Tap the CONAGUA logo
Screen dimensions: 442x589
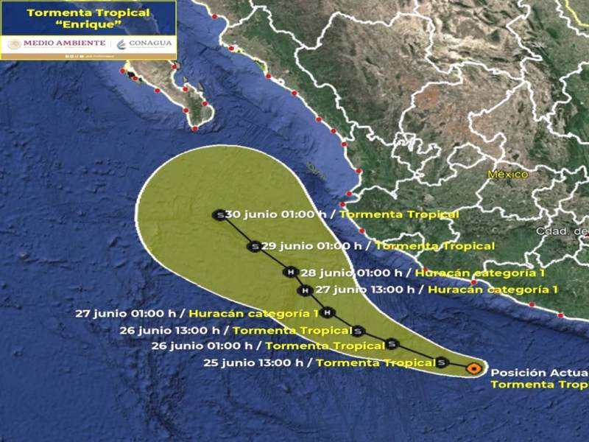(145, 43)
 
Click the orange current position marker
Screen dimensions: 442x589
(476, 366)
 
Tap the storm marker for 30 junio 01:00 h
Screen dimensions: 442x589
(219, 214)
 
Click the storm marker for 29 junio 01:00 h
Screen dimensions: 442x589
(255, 246)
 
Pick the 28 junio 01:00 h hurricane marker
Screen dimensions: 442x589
(291, 273)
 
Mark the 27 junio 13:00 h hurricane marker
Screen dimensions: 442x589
(304, 290)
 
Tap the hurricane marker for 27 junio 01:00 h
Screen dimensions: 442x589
(328, 312)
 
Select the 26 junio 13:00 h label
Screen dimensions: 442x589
(236, 330)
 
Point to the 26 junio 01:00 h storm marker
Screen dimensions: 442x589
(392, 343)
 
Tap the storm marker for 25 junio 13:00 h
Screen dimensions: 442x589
(441, 362)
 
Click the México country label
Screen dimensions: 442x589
(508, 175)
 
